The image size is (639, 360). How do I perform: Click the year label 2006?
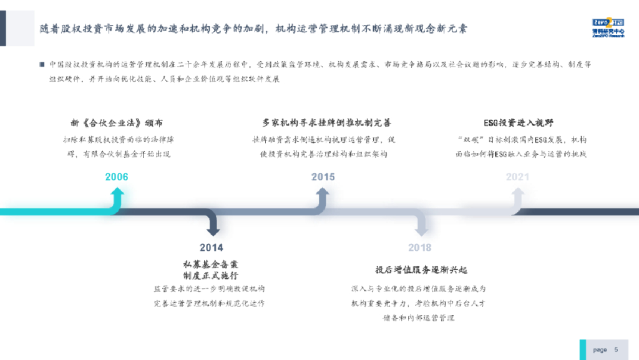(x=117, y=177)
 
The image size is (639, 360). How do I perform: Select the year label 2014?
(x=212, y=247)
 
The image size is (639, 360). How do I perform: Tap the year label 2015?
(x=323, y=177)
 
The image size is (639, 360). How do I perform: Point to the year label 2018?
(x=420, y=247)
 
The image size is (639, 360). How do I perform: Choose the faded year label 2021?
(x=517, y=177)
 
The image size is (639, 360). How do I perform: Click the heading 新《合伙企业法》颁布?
(x=117, y=122)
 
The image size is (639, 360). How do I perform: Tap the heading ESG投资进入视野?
(x=517, y=122)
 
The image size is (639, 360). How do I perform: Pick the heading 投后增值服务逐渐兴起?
(x=421, y=270)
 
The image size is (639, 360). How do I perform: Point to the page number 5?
(x=617, y=349)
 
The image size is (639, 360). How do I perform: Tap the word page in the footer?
(x=600, y=349)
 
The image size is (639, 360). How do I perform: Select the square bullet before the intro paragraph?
(x=42, y=64)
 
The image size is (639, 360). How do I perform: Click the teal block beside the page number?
(x=583, y=349)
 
